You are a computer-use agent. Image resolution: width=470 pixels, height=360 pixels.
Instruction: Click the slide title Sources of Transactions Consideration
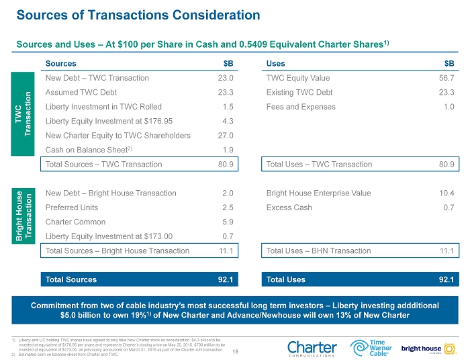[138, 14]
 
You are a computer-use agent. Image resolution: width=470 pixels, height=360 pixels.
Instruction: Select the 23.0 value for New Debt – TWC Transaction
[225, 78]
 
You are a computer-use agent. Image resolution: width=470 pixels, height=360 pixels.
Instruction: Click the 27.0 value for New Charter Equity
[225, 135]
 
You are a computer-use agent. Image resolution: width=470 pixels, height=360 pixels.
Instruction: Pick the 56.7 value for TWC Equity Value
[446, 78]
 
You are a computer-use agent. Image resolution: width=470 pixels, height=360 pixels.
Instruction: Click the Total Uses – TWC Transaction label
[319, 164]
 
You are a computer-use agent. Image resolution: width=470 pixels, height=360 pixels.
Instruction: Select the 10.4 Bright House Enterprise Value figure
[446, 193]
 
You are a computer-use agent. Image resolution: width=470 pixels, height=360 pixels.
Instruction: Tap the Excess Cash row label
[289, 208]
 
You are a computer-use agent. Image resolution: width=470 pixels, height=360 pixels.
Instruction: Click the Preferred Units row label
[73, 208]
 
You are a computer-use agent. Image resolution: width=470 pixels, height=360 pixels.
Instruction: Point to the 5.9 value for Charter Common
[227, 222]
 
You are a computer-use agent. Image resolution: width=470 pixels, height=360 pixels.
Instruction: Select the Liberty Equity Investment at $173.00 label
[109, 236]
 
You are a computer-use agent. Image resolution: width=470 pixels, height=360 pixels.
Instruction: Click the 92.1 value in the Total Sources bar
[225, 279]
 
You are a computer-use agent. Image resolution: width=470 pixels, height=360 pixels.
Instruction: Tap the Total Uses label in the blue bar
[286, 279]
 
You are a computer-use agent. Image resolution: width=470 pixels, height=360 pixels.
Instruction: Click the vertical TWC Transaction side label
[23, 114]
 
